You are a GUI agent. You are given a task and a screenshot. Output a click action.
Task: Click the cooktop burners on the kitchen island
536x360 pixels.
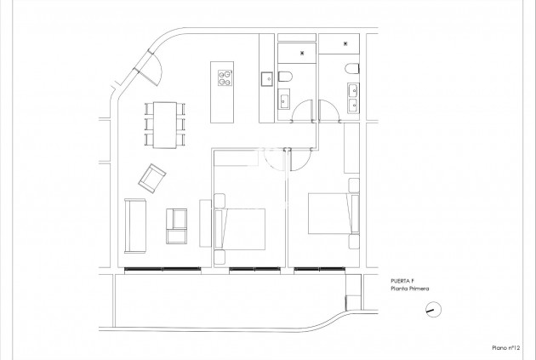[225, 79]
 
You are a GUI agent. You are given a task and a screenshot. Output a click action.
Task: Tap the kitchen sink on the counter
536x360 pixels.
[265, 78]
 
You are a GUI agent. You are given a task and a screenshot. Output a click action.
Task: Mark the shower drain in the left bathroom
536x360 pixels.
[305, 51]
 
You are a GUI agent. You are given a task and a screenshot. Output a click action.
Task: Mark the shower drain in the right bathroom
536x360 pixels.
[345, 42]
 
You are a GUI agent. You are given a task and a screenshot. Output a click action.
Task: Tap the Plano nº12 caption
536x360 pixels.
[507, 347]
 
